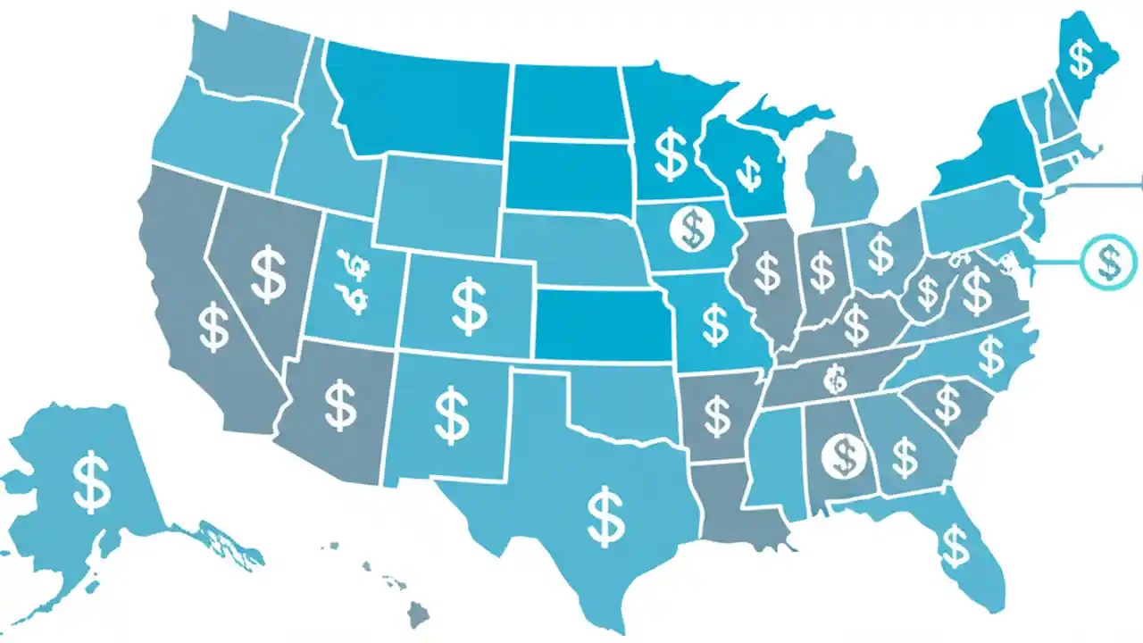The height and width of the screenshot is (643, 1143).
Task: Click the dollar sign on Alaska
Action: pos(92,481)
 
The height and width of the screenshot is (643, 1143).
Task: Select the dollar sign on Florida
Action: pos(955,546)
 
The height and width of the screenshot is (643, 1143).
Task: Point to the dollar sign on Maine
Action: pos(1081,59)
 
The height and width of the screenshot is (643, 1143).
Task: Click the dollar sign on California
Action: pos(213,327)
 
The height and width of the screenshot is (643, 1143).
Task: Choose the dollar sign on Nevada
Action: pos(268,275)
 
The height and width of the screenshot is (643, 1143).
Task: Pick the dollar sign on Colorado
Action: pos(469,306)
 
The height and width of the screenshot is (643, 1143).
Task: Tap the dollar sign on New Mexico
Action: pos(452,413)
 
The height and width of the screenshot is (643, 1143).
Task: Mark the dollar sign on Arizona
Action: pos(339,404)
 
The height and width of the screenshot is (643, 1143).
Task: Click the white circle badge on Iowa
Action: pos(691,228)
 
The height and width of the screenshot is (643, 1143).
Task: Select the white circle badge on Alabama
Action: pos(843,455)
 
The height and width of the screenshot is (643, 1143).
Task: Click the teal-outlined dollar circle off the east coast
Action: pos(1108,262)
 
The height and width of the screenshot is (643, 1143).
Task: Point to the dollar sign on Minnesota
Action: pos(670,153)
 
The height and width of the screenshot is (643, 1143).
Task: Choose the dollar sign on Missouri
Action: pos(714,324)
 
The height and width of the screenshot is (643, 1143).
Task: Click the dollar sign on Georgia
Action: pos(905,457)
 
